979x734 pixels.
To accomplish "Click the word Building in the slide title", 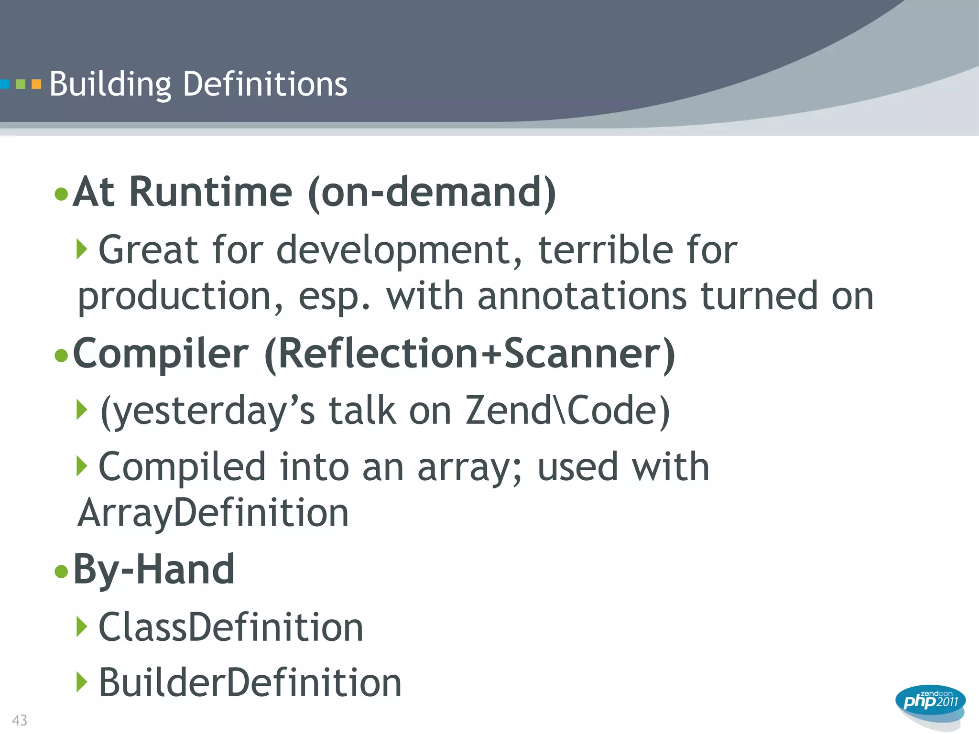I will [110, 84].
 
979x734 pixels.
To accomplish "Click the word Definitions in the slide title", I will [265, 84].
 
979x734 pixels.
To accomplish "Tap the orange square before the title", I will [36, 85].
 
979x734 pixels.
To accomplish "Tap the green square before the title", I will [21, 85].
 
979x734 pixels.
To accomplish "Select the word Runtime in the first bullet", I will [210, 192].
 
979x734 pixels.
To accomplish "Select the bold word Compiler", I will [161, 354].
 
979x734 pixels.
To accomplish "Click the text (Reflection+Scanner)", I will [469, 354].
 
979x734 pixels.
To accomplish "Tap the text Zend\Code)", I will [567, 410].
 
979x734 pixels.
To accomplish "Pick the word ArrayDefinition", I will [213, 513].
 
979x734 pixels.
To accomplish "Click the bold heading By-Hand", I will [154, 569].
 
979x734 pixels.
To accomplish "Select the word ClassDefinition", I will [231, 627].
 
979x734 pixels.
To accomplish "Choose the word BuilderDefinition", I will [250, 682].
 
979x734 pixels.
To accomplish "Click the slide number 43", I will [20, 720].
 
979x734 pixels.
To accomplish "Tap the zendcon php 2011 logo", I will [930, 702].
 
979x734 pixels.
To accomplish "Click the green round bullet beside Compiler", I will [61, 356].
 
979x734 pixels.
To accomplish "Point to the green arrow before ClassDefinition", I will [82, 626].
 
